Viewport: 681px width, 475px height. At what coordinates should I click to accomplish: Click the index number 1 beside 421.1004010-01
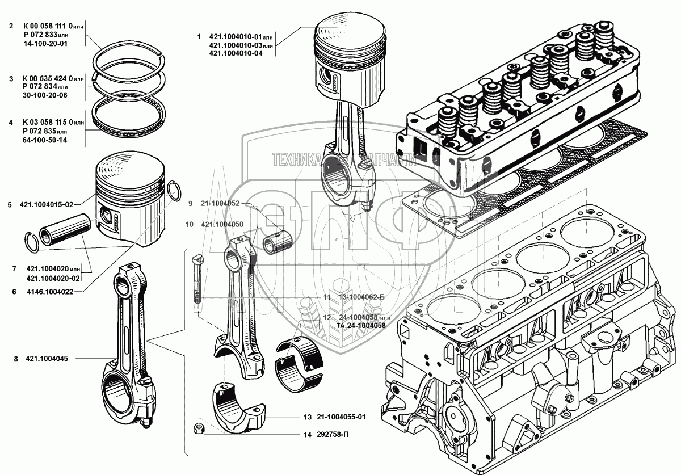tap(199, 37)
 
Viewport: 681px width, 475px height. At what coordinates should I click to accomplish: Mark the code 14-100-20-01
tap(45, 43)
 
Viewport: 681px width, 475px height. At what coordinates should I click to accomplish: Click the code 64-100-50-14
tap(45, 140)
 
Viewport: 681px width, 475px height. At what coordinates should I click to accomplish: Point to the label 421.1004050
tap(222, 225)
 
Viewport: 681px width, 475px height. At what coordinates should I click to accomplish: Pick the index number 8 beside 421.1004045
tap(16, 359)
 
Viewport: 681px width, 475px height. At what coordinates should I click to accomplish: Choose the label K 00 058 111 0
tap(48, 26)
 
